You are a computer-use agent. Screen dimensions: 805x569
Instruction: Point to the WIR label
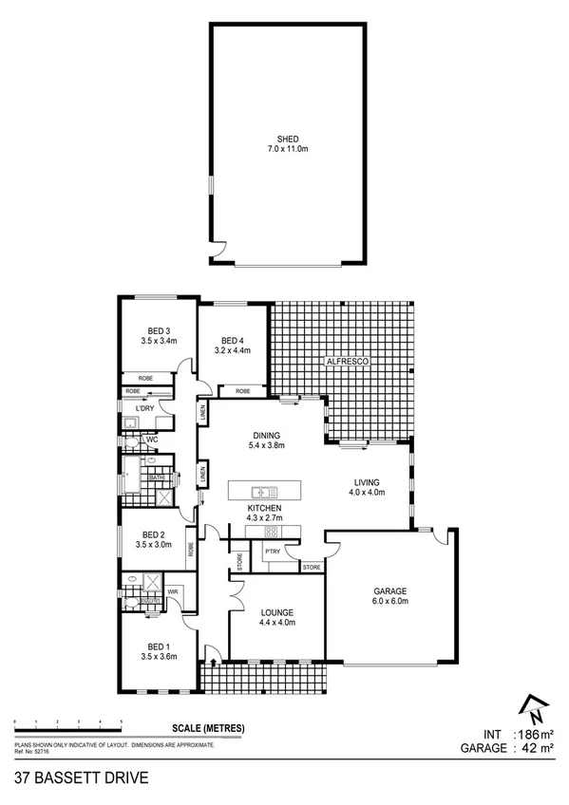tap(173, 590)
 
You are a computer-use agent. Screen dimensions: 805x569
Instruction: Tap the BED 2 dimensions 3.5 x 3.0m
tap(153, 545)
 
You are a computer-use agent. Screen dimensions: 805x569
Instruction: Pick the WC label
tap(151, 440)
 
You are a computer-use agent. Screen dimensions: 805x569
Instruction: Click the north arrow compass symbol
tap(534, 706)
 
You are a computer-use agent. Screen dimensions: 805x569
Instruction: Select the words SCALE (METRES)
tap(208, 728)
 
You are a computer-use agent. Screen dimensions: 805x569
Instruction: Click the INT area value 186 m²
tap(533, 734)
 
